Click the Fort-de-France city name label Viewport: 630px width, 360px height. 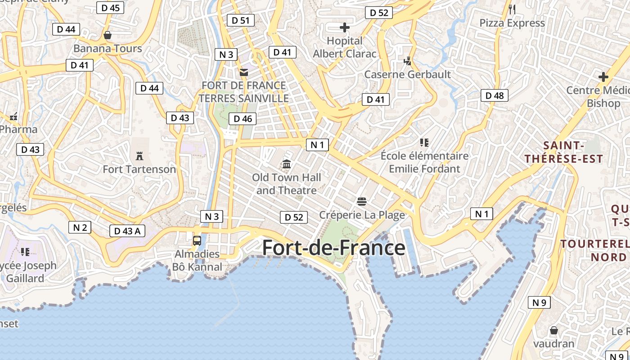[333, 248]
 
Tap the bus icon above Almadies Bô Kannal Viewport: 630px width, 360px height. [197, 240]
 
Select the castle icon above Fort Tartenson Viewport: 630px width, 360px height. [139, 156]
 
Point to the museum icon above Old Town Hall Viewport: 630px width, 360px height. [287, 164]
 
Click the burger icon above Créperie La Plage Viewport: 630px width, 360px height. [362, 201]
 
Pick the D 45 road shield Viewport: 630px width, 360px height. [110, 8]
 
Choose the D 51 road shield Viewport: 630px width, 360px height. [241, 20]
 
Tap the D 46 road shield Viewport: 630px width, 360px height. [243, 119]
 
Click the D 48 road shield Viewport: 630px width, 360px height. [495, 95]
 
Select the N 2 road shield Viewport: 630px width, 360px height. [80, 227]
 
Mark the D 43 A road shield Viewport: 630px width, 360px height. [127, 231]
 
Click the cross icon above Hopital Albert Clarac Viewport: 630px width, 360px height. [345, 27]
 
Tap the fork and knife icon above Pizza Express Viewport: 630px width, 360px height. [512, 9]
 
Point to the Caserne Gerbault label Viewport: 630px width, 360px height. [407, 74]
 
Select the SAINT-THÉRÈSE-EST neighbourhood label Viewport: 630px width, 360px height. [563, 152]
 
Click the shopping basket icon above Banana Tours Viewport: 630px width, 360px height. [108, 35]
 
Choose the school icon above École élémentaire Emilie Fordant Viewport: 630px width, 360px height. [424, 143]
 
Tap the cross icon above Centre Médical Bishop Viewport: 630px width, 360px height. [603, 77]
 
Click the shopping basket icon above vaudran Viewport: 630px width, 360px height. [554, 330]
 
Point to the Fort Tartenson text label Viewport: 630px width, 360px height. [139, 169]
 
